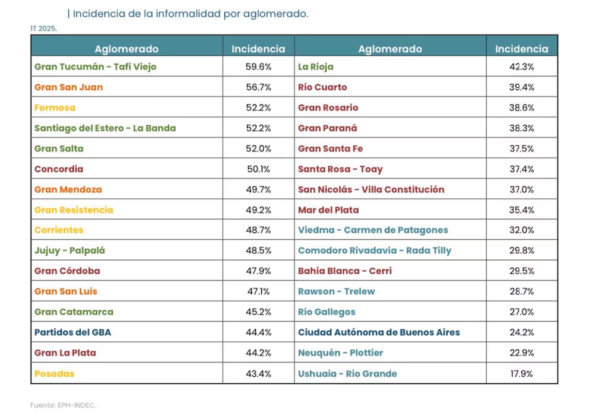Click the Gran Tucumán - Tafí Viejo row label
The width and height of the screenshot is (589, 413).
pyautogui.click(x=95, y=67)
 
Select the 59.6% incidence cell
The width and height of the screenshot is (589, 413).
pyautogui.click(x=258, y=67)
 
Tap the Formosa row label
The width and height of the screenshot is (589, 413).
pyautogui.click(x=55, y=108)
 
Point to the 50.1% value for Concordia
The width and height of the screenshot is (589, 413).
pyautogui.click(x=258, y=169)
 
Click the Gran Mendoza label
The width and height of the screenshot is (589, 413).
pyautogui.click(x=68, y=190)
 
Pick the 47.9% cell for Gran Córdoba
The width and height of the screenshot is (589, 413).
pyautogui.click(x=258, y=271)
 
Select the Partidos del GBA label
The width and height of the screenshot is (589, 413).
pyautogui.click(x=72, y=332)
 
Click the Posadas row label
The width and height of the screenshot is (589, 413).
pyautogui.click(x=54, y=374)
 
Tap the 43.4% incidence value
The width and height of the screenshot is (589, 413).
pyautogui.click(x=258, y=374)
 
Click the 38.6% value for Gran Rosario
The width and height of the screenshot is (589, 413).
pyautogui.click(x=522, y=108)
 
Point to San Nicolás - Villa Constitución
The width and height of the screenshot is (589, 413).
pyautogui.click(x=371, y=190)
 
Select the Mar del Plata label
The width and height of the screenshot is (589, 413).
pyautogui.click(x=328, y=210)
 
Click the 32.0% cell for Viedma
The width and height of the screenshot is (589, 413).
pyautogui.click(x=522, y=230)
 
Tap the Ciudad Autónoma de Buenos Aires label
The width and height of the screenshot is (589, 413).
pyautogui.click(x=379, y=332)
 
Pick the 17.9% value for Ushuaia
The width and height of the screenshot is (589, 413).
pyautogui.click(x=522, y=374)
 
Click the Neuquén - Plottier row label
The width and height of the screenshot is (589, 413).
pyautogui.click(x=340, y=353)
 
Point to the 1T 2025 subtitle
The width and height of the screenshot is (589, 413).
pyautogui.click(x=43, y=28)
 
